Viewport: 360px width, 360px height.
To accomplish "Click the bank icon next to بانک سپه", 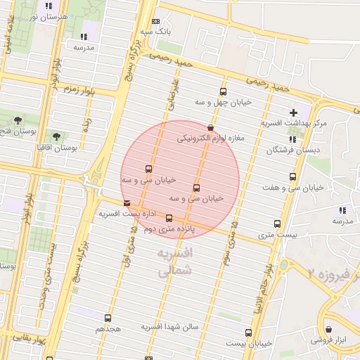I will pyautogui.click(x=155, y=21).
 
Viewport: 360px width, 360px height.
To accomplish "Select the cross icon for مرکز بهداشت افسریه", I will pyautogui.click(x=293, y=112).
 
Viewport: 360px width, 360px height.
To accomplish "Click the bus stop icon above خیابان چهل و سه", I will pyautogui.click(x=224, y=91).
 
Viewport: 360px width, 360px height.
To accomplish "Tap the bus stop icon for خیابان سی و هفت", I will pyautogui.click(x=292, y=177).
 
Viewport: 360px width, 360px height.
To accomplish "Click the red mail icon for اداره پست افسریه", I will pyautogui.click(x=127, y=203).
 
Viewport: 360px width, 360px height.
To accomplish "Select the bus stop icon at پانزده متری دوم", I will pyautogui.click(x=169, y=219).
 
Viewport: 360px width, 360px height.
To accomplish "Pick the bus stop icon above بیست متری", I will pyautogui.click(x=278, y=224).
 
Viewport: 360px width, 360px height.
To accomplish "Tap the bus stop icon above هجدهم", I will pyautogui.click(x=108, y=319).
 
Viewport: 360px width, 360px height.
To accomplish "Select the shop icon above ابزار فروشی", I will pyautogui.click(x=328, y=329).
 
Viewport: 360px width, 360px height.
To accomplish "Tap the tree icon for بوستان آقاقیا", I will pyautogui.click(x=57, y=136).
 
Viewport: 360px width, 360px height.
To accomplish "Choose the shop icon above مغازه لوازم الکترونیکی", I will pyautogui.click(x=211, y=127).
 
